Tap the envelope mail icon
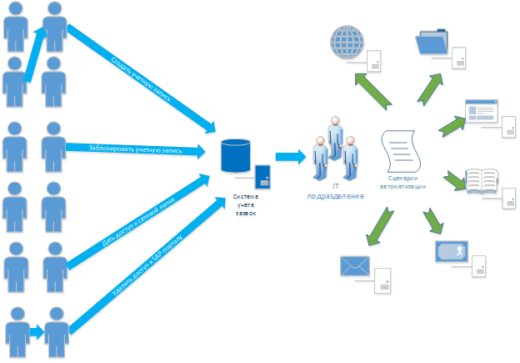point(355,266)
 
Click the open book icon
point(482,179)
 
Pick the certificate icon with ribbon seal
point(451,254)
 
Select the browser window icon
point(481,112)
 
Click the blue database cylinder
point(235,156)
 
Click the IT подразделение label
point(336,191)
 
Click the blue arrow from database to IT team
point(290,155)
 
